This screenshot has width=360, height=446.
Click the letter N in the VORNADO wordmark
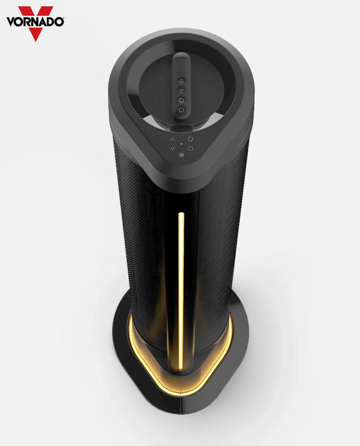(x=32, y=22)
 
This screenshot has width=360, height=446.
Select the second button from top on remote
(x=180, y=90)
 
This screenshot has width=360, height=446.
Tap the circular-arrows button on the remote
(x=180, y=100)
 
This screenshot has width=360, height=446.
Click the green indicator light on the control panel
(x=181, y=144)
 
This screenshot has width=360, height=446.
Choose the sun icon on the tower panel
(x=181, y=155)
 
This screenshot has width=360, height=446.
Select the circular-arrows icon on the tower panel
(x=191, y=138)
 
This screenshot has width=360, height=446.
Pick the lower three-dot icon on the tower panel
(x=171, y=148)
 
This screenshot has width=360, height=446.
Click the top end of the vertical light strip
(x=181, y=214)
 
